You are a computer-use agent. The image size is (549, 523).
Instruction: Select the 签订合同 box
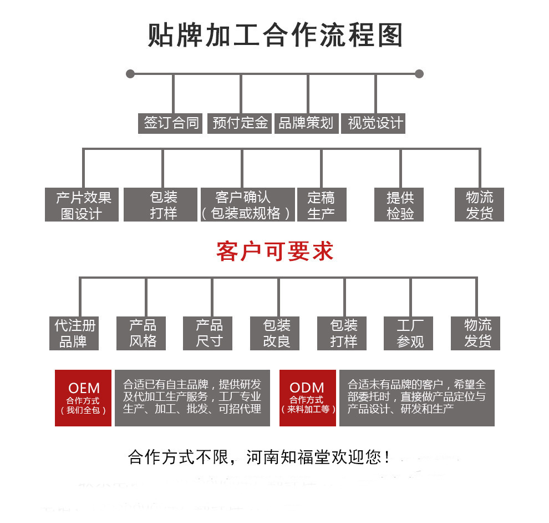tap(171, 123)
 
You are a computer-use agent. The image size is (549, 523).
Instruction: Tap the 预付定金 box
tap(240, 123)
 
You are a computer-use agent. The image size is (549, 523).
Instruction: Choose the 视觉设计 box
tap(375, 123)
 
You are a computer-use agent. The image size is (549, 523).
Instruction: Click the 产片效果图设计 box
tap(82, 205)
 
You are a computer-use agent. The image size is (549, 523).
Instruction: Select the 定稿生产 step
tap(321, 205)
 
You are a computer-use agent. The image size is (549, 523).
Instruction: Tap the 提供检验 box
tap(400, 205)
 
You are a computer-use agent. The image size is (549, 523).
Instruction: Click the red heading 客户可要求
tap(275, 251)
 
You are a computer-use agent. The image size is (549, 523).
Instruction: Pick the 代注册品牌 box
tap(74, 333)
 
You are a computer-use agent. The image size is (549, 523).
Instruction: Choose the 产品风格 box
tap(143, 333)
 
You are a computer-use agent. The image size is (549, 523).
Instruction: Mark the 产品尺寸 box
tap(209, 333)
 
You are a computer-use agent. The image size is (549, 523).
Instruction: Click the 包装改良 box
tap(276, 333)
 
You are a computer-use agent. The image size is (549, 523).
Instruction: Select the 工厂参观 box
tap(410, 333)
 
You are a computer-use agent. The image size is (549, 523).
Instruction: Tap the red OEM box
tap(83, 398)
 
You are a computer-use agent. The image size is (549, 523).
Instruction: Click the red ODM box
tap(307, 398)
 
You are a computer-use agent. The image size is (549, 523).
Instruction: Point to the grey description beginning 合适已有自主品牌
tap(192, 398)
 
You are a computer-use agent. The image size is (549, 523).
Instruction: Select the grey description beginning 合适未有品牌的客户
tap(416, 398)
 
